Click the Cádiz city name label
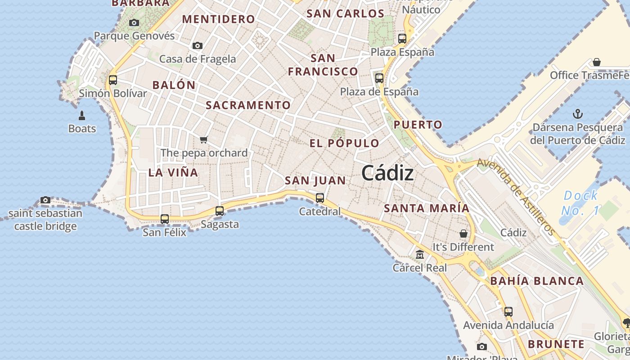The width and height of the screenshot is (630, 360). point(387,173)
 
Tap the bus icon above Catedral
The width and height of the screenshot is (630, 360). point(320,198)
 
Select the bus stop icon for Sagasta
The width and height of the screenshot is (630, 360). point(220,211)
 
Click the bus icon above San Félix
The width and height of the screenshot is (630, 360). point(165,219)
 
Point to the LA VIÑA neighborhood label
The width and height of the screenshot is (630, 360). point(173,172)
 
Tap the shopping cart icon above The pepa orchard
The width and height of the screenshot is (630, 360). point(204,139)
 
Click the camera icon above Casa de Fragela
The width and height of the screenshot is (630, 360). point(198,45)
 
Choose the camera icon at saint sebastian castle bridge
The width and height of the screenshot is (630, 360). point(45,200)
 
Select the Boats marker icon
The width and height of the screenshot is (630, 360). point(82,116)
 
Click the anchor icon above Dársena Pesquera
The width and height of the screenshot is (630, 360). point(577,114)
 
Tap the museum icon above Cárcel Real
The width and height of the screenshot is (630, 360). point(420,255)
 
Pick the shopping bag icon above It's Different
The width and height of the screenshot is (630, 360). point(463,234)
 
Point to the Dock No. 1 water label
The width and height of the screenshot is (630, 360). point(580,202)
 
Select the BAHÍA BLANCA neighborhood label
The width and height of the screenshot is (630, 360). point(536,281)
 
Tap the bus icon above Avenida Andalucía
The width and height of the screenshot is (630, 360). point(508,311)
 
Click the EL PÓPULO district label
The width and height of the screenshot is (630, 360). point(344,144)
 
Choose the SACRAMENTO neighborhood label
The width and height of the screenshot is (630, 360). point(248,105)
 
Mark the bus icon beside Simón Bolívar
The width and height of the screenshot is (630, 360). point(113,80)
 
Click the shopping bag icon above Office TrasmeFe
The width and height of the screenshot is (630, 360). point(597,62)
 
